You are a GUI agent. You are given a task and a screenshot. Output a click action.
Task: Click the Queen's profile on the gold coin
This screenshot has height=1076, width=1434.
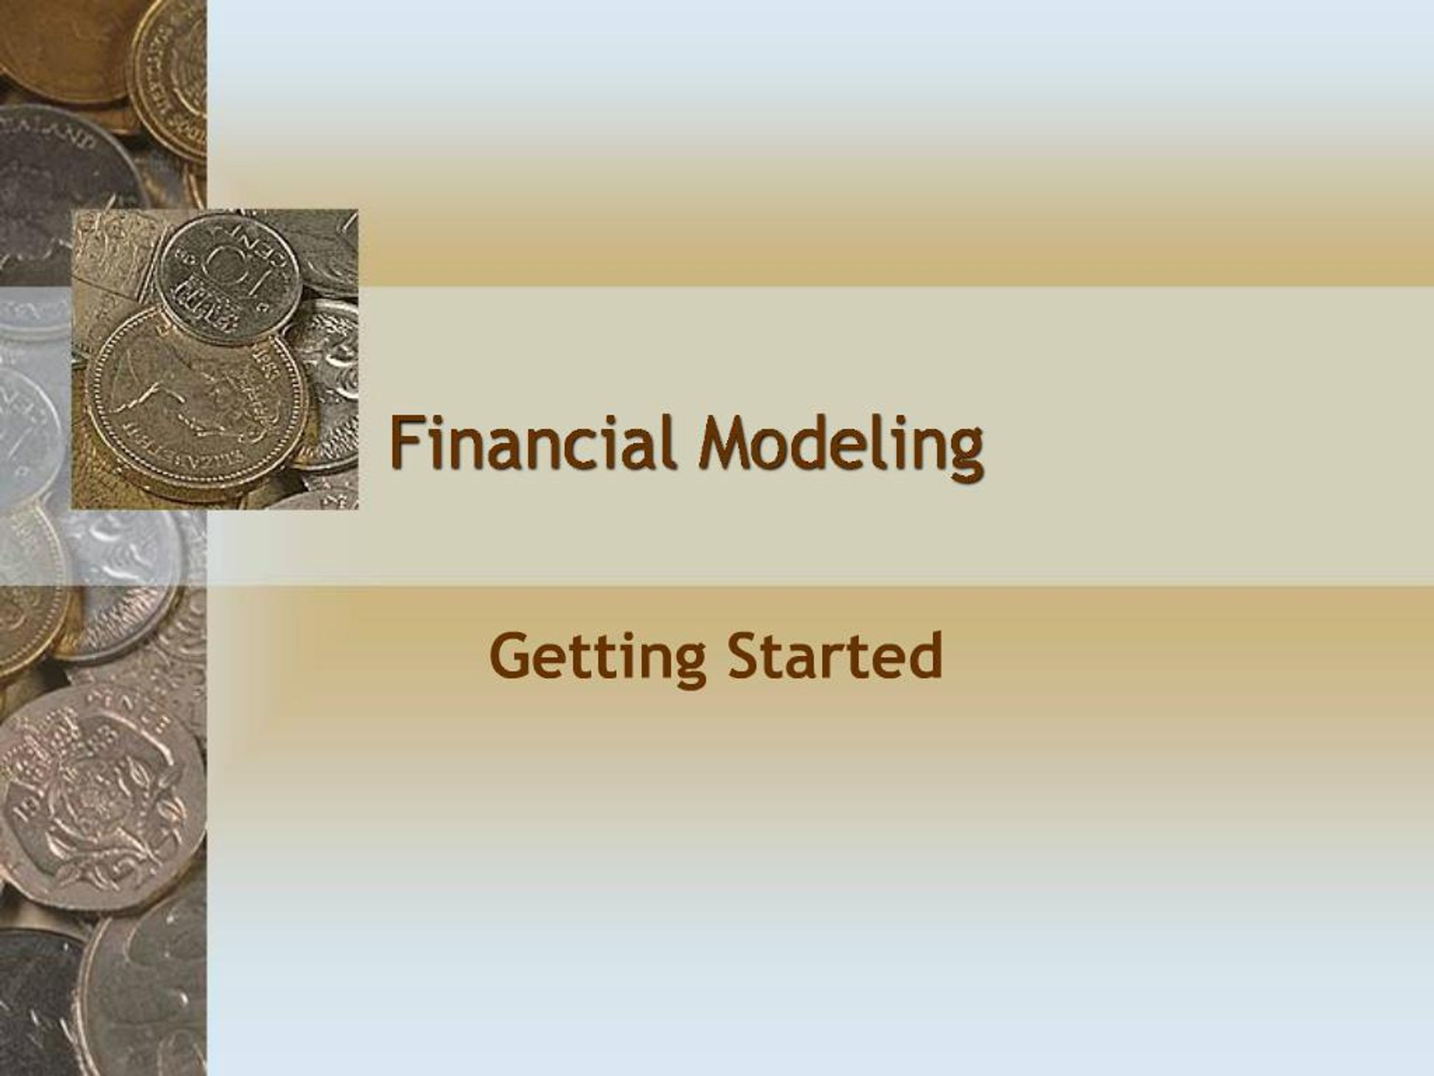194,389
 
